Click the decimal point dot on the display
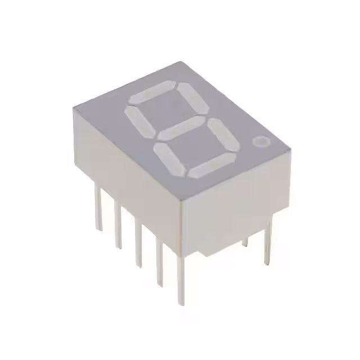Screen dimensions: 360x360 pyautogui.click(x=260, y=142)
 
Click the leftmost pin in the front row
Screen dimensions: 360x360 pyautogui.click(x=99, y=208)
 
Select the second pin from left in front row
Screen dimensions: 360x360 pyautogui.click(x=118, y=225)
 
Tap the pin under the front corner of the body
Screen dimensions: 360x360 pyautogui.click(x=181, y=281)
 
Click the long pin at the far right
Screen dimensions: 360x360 pyautogui.click(x=268, y=242)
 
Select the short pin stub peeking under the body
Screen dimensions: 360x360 pyautogui.click(x=245, y=242)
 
